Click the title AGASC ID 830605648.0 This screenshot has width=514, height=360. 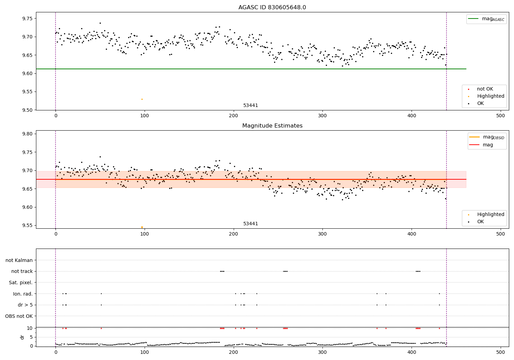click(272, 8)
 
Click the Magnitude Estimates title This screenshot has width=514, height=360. click(272, 126)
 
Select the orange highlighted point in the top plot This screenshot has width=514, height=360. click(142, 99)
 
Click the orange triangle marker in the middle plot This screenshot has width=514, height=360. click(142, 227)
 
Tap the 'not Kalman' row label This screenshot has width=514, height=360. click(19, 260)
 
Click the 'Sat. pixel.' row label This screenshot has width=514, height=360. click(21, 283)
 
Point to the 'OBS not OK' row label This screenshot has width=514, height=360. click(19, 316)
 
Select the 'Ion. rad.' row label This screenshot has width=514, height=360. click(23, 294)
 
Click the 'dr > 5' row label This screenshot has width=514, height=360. click(25, 305)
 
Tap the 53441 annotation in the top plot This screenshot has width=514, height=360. click(250, 106)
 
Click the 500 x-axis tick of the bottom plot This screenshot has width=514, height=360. click(500, 351)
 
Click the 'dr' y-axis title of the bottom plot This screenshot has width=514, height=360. click(22, 337)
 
